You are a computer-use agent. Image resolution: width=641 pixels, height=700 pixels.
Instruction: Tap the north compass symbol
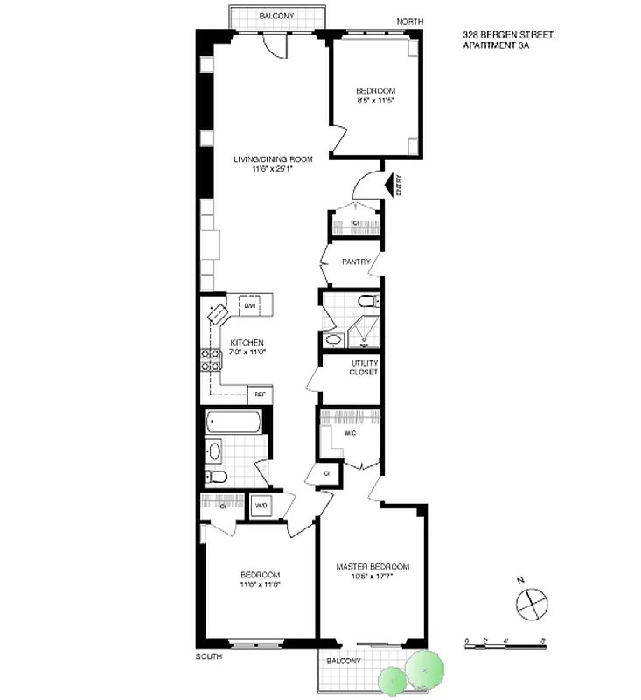(x=531, y=603)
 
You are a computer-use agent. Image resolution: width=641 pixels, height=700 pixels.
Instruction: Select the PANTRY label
(x=356, y=262)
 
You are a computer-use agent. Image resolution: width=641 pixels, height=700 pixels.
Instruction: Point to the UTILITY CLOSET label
(x=364, y=367)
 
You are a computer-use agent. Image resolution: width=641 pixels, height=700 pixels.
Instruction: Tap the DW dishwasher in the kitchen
(x=249, y=306)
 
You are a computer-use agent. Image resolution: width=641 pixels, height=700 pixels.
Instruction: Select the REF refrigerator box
(x=260, y=395)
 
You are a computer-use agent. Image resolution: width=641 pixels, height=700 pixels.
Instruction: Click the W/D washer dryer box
(x=261, y=507)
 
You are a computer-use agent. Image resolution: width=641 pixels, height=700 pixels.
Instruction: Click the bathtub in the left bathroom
(x=233, y=424)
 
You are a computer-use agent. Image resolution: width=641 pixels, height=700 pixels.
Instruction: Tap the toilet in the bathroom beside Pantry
(x=368, y=303)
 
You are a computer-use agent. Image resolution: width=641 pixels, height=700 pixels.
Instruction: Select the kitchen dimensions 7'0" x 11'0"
(x=247, y=353)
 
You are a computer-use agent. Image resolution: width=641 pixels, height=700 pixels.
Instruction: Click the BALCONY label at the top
(x=276, y=17)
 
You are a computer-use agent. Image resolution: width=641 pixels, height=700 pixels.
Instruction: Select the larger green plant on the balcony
(x=424, y=670)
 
